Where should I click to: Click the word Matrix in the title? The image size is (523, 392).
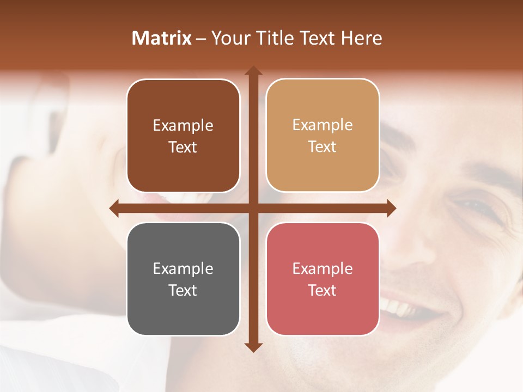pos(162,38)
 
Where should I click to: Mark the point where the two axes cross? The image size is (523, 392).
pos(253,208)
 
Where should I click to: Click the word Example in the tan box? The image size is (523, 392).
pos(323,125)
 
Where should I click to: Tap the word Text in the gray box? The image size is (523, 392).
pos(183,290)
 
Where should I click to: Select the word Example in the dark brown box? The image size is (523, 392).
pos(183,126)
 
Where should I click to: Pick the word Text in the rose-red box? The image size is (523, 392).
pos(322,290)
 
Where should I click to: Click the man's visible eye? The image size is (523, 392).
pos(473,206)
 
